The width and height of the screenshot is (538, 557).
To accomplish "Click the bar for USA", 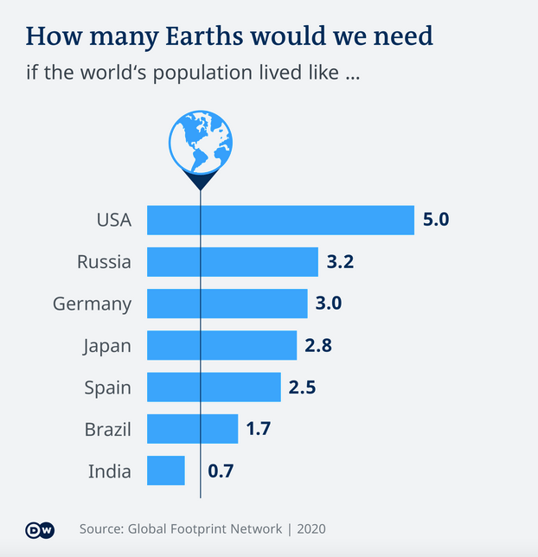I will point(280,220).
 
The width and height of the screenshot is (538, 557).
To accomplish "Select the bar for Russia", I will point(233,261).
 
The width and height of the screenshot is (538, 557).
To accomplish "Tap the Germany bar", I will point(227,304).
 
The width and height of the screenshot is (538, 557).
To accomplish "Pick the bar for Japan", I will point(221,345).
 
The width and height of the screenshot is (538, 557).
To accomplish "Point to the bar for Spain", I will point(214,387).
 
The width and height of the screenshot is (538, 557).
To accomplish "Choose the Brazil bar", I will point(192,428).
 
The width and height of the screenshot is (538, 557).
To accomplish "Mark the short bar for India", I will point(166,471).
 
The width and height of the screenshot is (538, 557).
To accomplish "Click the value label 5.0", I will point(435,220).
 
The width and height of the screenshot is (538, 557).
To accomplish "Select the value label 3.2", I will point(341,261).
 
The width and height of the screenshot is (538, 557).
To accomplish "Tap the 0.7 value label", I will point(221,471).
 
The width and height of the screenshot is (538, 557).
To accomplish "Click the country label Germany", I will point(92,304).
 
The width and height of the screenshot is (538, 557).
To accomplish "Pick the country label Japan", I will point(107,346).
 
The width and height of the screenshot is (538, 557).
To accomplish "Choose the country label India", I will point(110,471).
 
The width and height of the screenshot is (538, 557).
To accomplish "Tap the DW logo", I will point(39,528).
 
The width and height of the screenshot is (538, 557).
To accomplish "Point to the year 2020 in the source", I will point(311,528).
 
